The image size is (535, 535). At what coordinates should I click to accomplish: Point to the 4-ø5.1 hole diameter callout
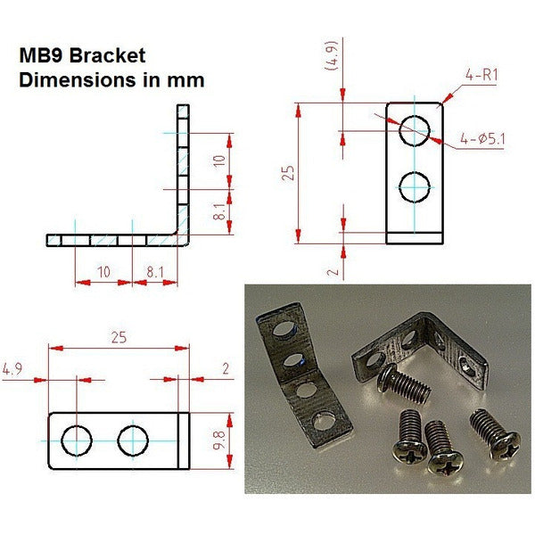click(481, 138)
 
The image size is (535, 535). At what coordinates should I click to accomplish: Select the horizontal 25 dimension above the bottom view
click(119, 338)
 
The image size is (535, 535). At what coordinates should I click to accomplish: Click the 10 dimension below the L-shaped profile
click(103, 270)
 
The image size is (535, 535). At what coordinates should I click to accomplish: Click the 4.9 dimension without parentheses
click(13, 368)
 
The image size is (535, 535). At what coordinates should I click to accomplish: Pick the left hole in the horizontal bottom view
click(78, 440)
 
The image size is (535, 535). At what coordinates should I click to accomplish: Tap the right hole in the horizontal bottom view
click(133, 440)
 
